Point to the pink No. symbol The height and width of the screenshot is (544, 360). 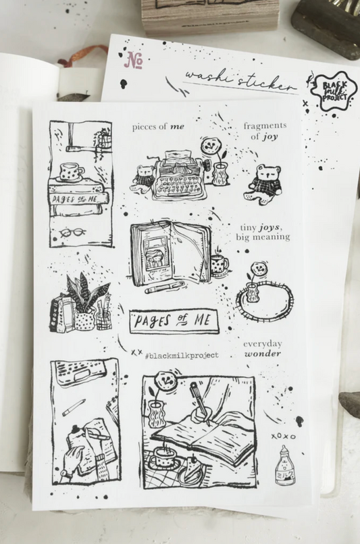[x=134, y=61]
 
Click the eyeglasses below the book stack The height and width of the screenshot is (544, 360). [x=71, y=233]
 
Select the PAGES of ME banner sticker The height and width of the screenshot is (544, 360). [x=174, y=320]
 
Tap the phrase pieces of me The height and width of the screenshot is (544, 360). [x=158, y=126]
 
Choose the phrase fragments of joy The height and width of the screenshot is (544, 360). [x=264, y=130]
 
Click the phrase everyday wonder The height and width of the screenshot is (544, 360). [x=263, y=348]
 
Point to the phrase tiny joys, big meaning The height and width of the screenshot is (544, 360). [x=263, y=232]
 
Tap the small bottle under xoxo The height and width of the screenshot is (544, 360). [x=284, y=465]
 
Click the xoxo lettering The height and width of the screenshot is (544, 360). [x=283, y=437]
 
